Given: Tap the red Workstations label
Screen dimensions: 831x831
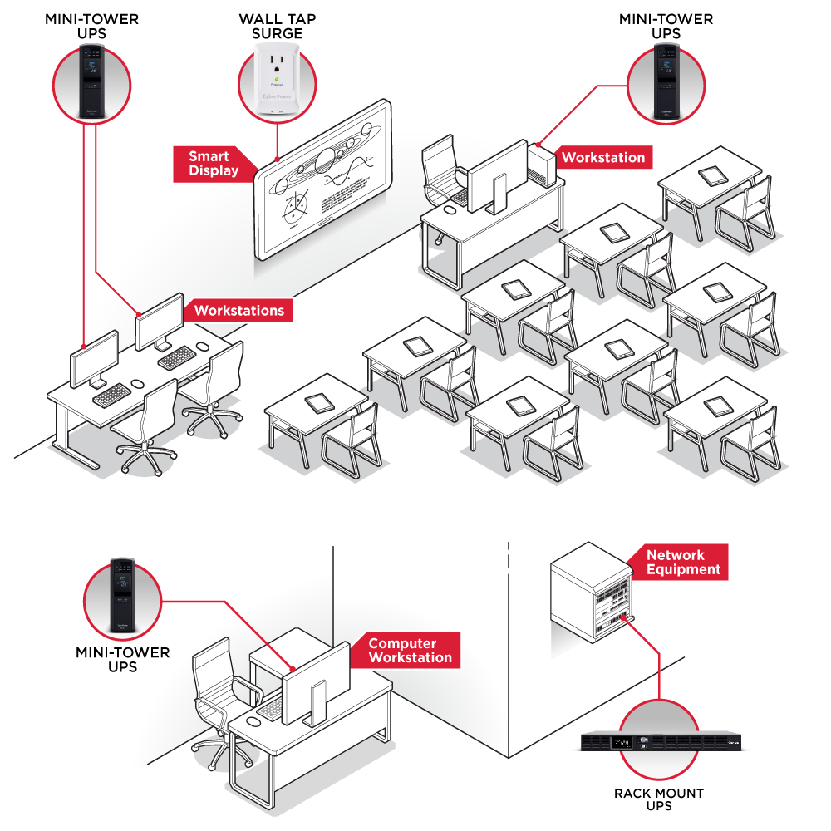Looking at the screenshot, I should point(238,312).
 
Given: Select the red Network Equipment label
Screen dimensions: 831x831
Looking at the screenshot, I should point(683,563).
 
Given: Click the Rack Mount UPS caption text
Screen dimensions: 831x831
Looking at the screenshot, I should point(659,799).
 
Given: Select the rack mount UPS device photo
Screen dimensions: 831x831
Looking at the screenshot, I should point(658,740).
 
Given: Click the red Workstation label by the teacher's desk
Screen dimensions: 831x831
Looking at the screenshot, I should point(603,157).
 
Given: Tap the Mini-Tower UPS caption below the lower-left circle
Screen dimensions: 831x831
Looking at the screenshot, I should point(122,660).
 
